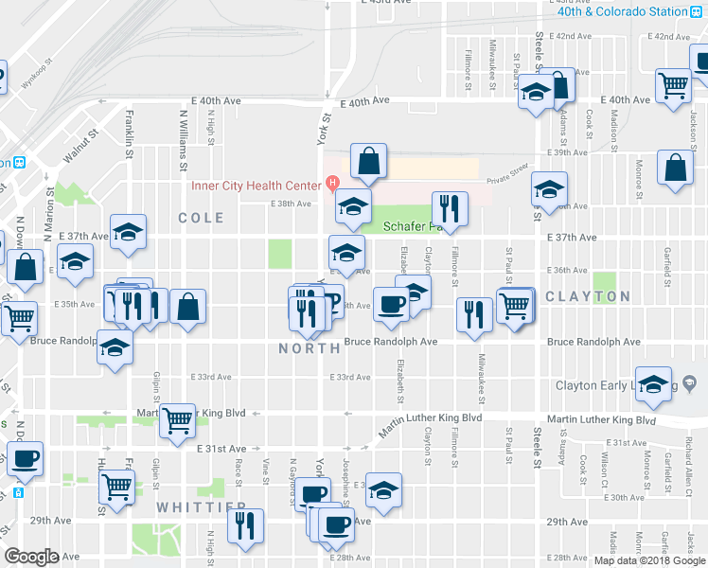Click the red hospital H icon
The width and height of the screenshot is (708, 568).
coord(331,183)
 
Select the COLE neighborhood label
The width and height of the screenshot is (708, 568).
coord(202,218)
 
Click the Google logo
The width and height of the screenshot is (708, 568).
coord(31,557)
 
